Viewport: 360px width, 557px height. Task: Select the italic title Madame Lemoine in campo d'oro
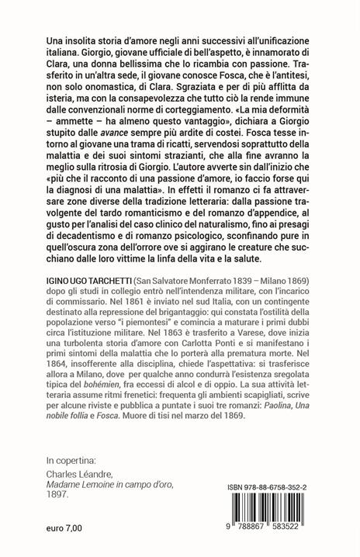pos(119,486)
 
